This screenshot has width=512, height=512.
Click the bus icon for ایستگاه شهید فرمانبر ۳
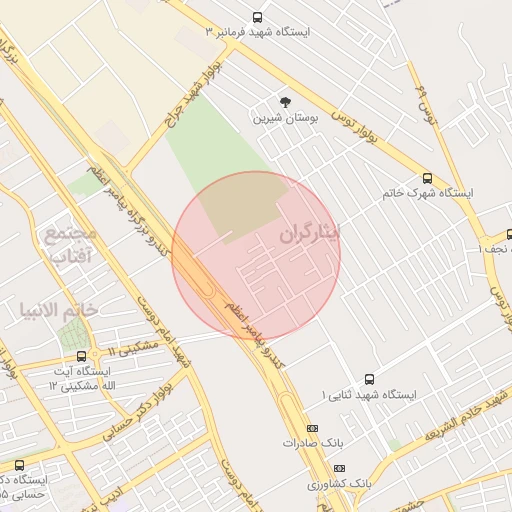(258, 17)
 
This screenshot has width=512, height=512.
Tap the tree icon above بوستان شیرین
(285, 102)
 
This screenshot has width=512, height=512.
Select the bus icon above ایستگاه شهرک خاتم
(428, 178)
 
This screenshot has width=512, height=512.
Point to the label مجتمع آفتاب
(70, 245)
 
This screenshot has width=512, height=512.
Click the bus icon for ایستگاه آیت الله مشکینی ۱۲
(81, 356)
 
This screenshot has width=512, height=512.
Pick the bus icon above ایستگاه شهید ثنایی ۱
(369, 379)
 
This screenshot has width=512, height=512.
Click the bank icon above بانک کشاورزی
(339, 467)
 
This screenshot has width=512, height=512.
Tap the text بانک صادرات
(314, 441)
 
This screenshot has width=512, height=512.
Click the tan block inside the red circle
(240, 205)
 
